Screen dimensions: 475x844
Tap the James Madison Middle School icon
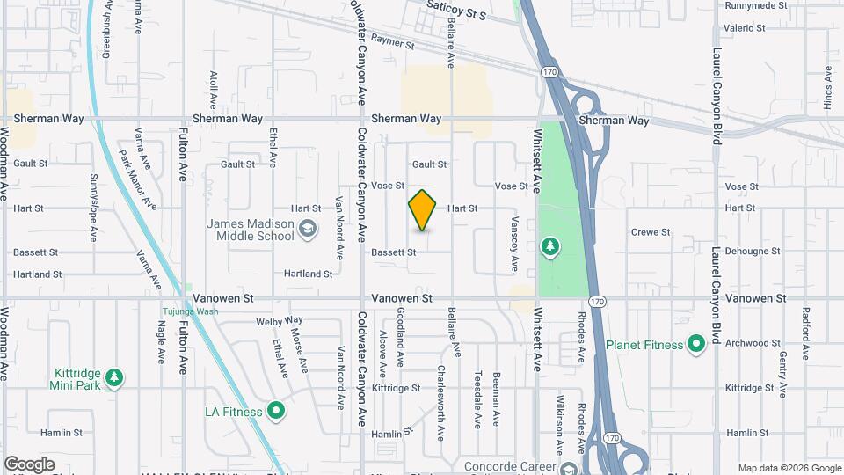[x=307, y=230]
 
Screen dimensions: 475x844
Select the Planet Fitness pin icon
[x=696, y=344]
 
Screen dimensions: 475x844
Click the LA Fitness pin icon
[x=276, y=411]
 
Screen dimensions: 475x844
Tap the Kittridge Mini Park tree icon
[x=113, y=378]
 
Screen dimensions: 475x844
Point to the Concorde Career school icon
[x=569, y=467]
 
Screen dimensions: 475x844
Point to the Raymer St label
[x=392, y=40]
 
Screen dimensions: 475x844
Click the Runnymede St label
[x=755, y=5]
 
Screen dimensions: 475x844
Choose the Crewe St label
[x=651, y=232]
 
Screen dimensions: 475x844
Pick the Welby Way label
[x=280, y=320]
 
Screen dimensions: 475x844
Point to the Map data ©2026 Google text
[x=789, y=468]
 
